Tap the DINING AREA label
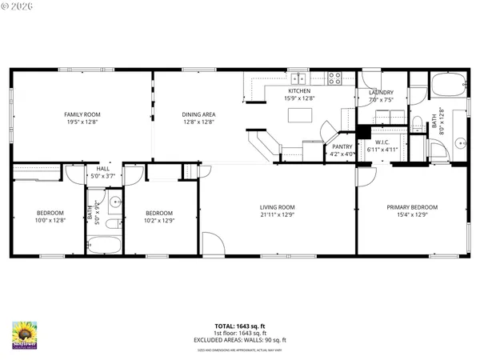pos(198,115)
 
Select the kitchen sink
pos(299,78)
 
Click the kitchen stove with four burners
pos(335,78)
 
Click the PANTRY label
pos(342,146)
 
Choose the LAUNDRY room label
pos(382,93)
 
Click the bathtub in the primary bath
pos(446,83)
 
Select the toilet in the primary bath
pos(417,122)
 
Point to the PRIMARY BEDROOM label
pos(412,207)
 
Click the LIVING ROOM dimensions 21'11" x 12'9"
pos(277,214)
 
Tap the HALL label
pos(103,169)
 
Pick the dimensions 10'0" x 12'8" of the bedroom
pos(50,220)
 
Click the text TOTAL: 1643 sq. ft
pos(239,326)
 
